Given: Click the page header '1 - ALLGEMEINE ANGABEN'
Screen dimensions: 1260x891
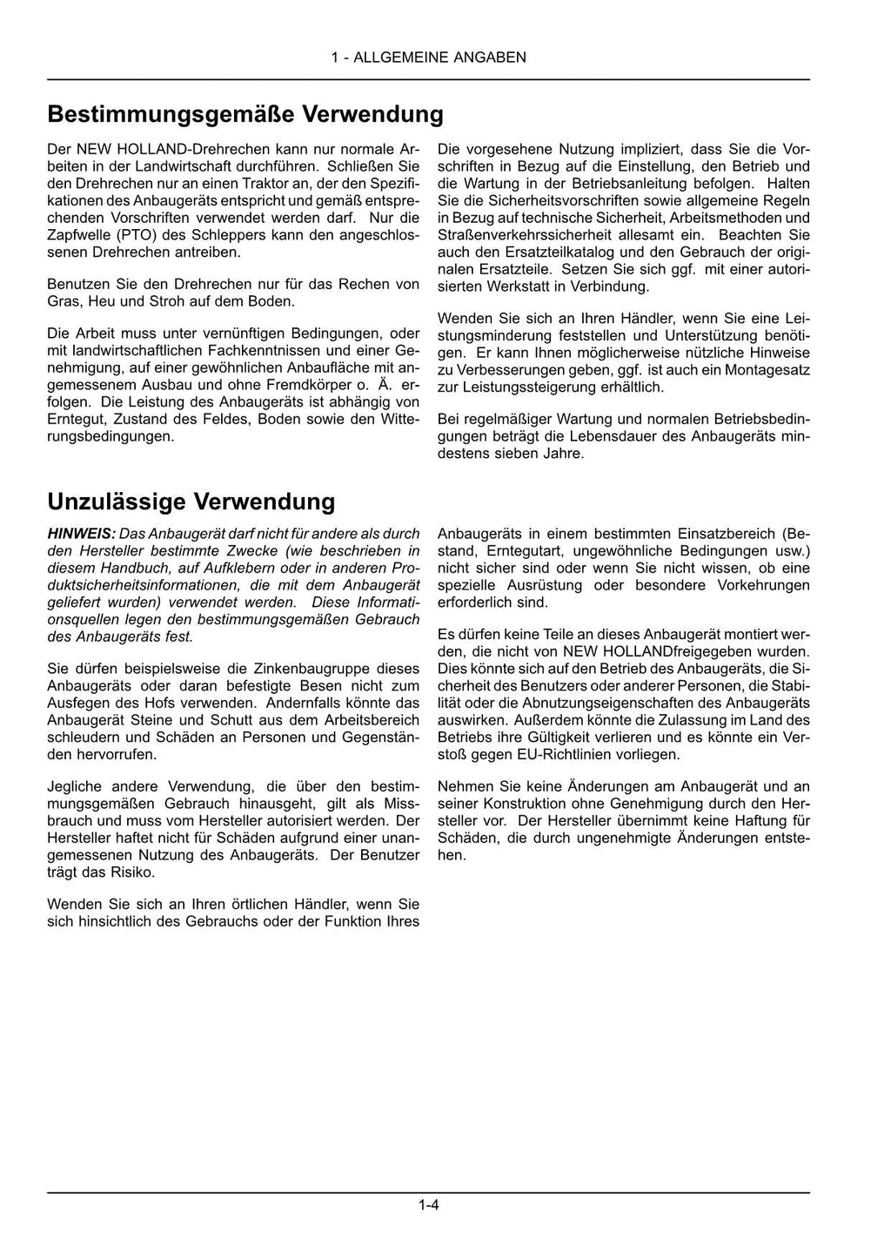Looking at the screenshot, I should pyautogui.click(x=428, y=57).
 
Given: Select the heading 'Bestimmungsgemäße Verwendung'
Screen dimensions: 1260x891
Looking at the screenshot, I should pyautogui.click(x=245, y=114).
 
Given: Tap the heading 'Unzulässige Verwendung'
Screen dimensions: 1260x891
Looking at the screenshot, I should pyautogui.click(x=191, y=502).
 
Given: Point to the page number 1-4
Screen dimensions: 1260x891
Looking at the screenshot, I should pyautogui.click(x=428, y=1205).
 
